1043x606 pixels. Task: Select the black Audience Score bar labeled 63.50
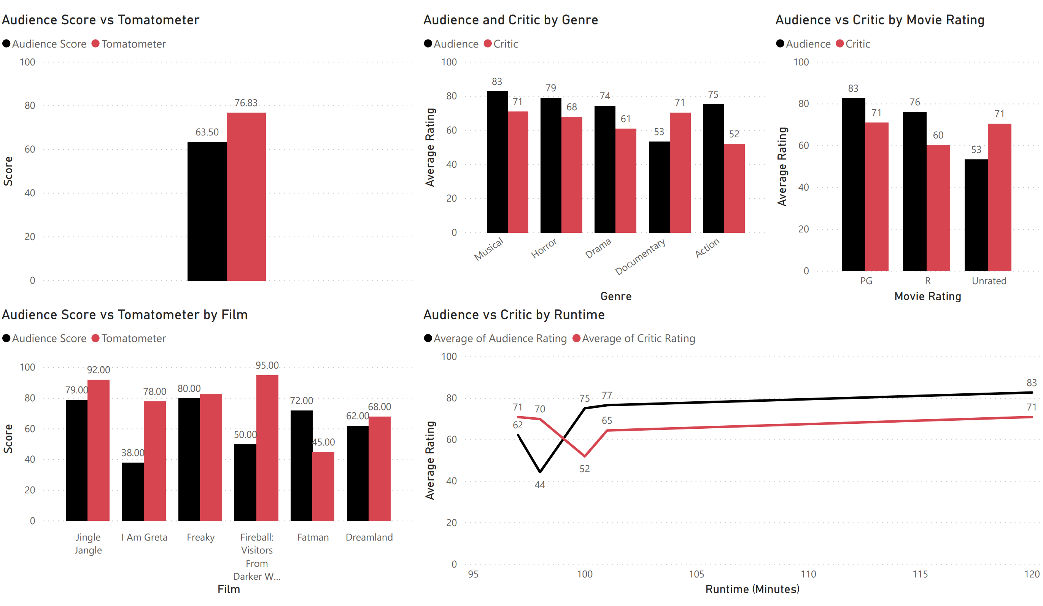pos(207,211)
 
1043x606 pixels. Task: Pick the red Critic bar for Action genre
pos(734,188)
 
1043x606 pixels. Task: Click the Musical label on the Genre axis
pos(489,249)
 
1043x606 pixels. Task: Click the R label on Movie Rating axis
pos(927,281)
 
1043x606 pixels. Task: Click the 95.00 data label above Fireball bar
pos(267,365)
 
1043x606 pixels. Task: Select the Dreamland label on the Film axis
pos(369,537)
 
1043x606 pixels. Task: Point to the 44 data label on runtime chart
pos(540,485)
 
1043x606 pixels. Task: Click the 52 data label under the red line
pos(584,469)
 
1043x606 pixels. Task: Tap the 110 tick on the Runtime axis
pos(808,574)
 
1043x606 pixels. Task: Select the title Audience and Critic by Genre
pos(510,20)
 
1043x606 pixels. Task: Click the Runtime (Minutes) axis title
pos(752,589)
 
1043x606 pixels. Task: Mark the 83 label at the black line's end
pos(1032,383)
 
